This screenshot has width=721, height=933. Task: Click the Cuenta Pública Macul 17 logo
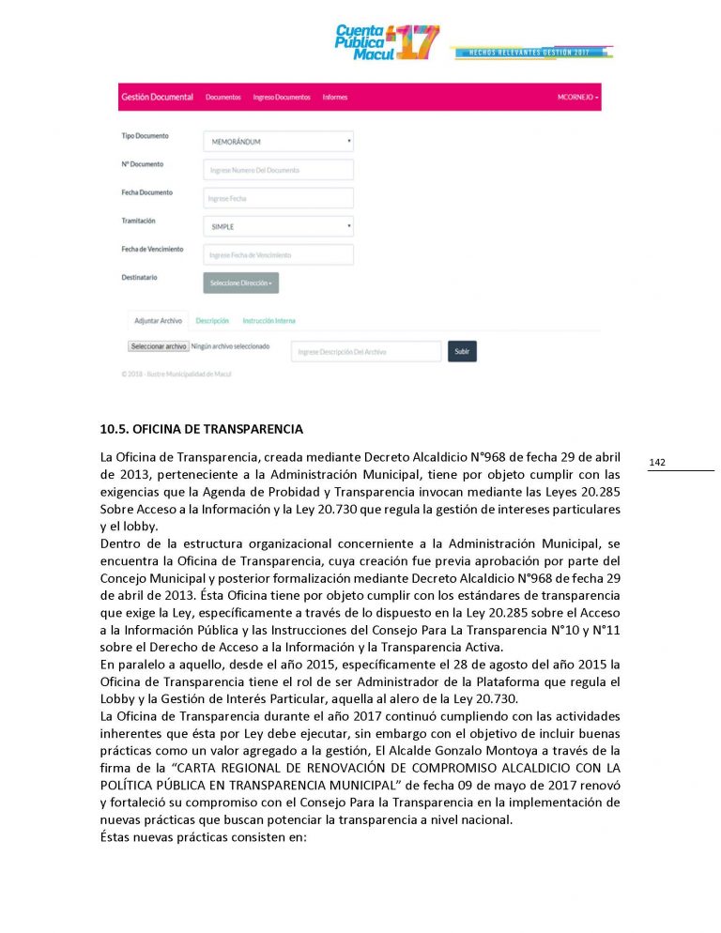pos(387,42)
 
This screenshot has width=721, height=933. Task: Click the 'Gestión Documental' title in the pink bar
pos(157,98)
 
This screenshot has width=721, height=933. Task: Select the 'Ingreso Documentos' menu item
pos(282,98)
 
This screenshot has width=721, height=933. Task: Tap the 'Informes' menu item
pos(334,98)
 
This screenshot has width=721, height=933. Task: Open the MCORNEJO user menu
pos(577,98)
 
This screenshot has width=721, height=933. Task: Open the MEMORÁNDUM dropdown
pos(278,142)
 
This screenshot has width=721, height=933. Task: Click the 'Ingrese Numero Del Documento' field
pos(278,170)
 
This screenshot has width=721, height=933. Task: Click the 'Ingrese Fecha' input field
pos(278,198)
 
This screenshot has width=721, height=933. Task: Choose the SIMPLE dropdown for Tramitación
pos(278,226)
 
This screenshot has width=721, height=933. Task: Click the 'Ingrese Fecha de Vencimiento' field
pos(278,254)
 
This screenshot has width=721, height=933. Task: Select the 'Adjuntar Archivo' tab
pos(159,321)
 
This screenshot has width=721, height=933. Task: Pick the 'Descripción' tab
pos(212,321)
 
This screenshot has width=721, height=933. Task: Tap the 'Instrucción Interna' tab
pos(268,321)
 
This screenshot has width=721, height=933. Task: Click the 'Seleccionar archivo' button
pos(159,346)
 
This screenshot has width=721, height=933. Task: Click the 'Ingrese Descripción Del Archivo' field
pos(365,352)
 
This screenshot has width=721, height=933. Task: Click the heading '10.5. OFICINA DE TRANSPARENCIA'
pos(202,430)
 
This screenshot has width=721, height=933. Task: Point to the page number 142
pos(657,463)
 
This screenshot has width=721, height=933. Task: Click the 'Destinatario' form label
pos(139,278)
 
